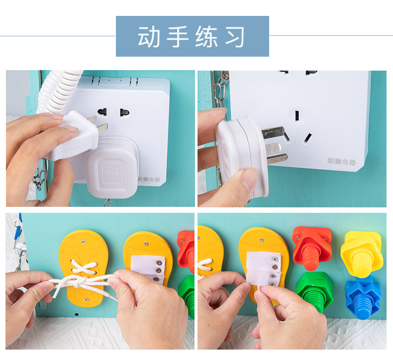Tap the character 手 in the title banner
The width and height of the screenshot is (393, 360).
[x=178, y=36]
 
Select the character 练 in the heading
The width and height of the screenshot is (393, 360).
[x=206, y=36]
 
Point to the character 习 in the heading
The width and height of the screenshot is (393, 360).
[x=235, y=36]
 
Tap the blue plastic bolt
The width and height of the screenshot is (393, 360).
[x=363, y=297]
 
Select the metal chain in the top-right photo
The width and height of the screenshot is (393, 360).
[x=220, y=92]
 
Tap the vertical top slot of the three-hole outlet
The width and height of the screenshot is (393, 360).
[x=297, y=115]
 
